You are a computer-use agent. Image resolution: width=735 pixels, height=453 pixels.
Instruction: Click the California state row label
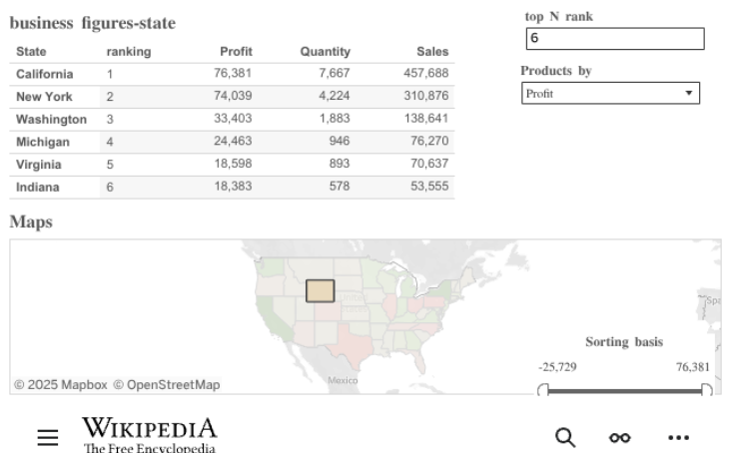[45, 74]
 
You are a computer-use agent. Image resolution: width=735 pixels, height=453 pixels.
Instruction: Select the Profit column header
[236, 52]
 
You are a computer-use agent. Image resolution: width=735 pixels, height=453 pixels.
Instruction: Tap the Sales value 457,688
[426, 74]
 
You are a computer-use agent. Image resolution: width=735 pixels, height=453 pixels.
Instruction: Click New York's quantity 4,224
[331, 97]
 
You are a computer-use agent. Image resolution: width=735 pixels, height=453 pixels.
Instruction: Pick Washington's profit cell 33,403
[233, 119]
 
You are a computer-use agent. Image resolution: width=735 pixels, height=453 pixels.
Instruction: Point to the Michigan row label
[43, 142]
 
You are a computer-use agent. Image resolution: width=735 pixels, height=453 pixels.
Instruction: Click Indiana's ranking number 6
[111, 187]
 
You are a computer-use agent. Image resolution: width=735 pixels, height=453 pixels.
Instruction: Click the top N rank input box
[614, 39]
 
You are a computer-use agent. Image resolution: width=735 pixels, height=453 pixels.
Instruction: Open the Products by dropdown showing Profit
[610, 94]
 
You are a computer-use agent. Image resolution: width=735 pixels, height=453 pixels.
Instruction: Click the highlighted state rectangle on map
[320, 290]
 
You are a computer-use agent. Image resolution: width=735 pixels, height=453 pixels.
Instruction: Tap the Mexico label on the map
[342, 381]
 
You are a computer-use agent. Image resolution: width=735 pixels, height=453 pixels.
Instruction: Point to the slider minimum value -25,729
[557, 367]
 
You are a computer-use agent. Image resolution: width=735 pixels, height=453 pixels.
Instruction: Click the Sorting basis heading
[623, 342]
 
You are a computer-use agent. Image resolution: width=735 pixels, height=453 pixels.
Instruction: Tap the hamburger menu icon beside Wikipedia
[47, 437]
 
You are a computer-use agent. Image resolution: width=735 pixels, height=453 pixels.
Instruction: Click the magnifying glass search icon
[565, 437]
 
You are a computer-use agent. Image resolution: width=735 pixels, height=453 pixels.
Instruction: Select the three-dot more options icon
[678, 437]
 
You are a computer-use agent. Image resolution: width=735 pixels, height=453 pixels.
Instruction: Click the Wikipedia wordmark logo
[149, 431]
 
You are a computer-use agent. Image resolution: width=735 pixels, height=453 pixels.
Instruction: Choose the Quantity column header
[325, 52]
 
